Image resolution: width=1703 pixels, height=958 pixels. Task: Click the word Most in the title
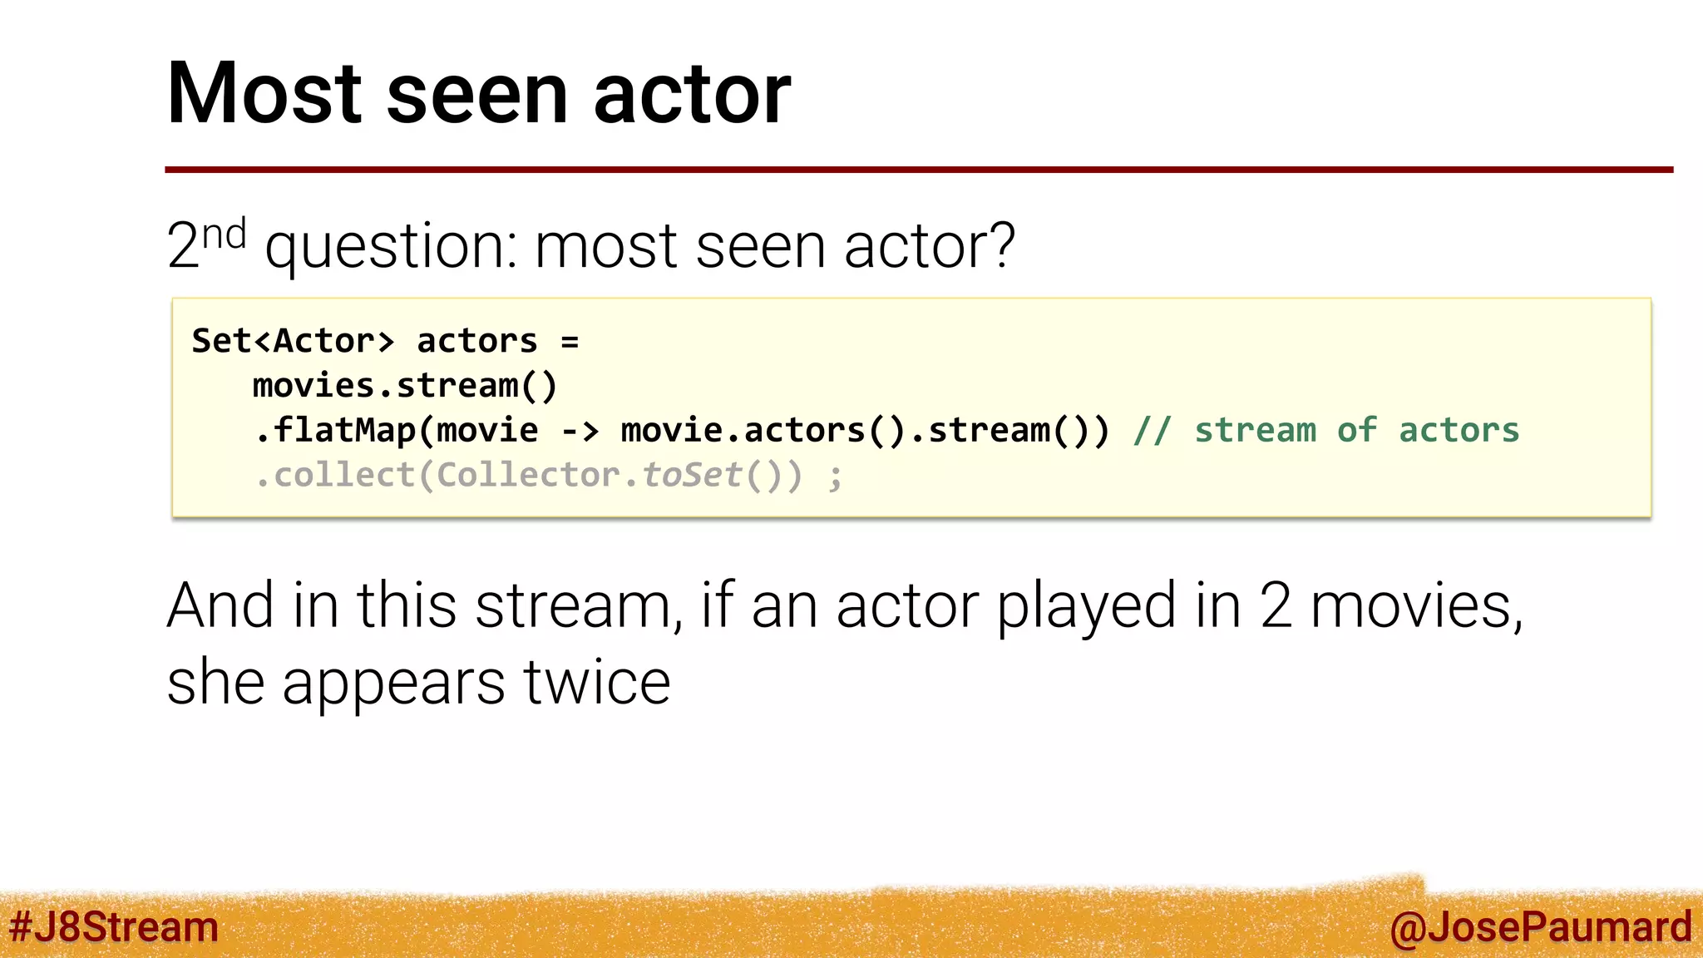(264, 93)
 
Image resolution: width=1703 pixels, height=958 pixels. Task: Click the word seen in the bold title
(477, 93)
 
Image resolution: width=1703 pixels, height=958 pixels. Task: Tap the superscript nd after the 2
(224, 235)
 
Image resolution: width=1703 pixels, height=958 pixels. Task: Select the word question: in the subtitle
(391, 247)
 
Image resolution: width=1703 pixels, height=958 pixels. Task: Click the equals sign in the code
(570, 341)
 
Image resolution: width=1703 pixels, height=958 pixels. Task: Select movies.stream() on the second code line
(405, 386)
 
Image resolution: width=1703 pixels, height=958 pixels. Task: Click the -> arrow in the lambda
(580, 431)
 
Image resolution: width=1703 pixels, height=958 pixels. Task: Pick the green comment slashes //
(1153, 431)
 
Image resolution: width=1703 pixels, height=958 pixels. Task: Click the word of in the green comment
(1356, 431)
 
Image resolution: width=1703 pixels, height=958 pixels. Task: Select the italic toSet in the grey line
(691, 476)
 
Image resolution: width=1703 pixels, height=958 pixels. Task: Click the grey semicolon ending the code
(835, 477)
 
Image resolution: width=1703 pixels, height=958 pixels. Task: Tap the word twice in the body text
(597, 682)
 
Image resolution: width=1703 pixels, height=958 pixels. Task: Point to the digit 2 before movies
(1276, 605)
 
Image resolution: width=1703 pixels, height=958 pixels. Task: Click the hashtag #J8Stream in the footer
(114, 926)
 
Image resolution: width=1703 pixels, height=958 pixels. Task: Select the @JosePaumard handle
(1540, 926)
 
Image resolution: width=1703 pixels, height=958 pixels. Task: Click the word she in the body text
(215, 682)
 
